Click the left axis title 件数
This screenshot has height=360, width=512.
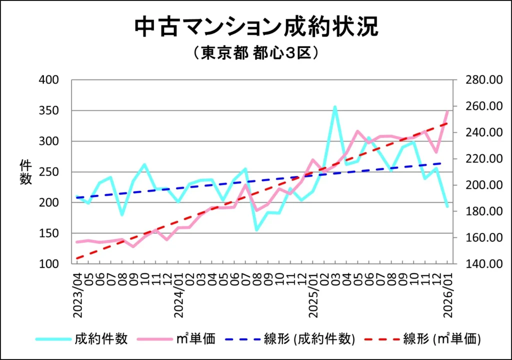pyautogui.click(x=25, y=172)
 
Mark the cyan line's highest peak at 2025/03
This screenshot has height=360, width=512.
pyautogui.click(x=335, y=107)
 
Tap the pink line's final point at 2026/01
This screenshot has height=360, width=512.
pyautogui.click(x=448, y=111)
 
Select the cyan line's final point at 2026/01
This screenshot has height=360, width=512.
pyautogui.click(x=447, y=206)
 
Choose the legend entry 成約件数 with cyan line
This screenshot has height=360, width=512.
pyautogui.click(x=82, y=339)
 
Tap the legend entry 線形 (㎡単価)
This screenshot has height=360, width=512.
pyautogui.click(x=424, y=339)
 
